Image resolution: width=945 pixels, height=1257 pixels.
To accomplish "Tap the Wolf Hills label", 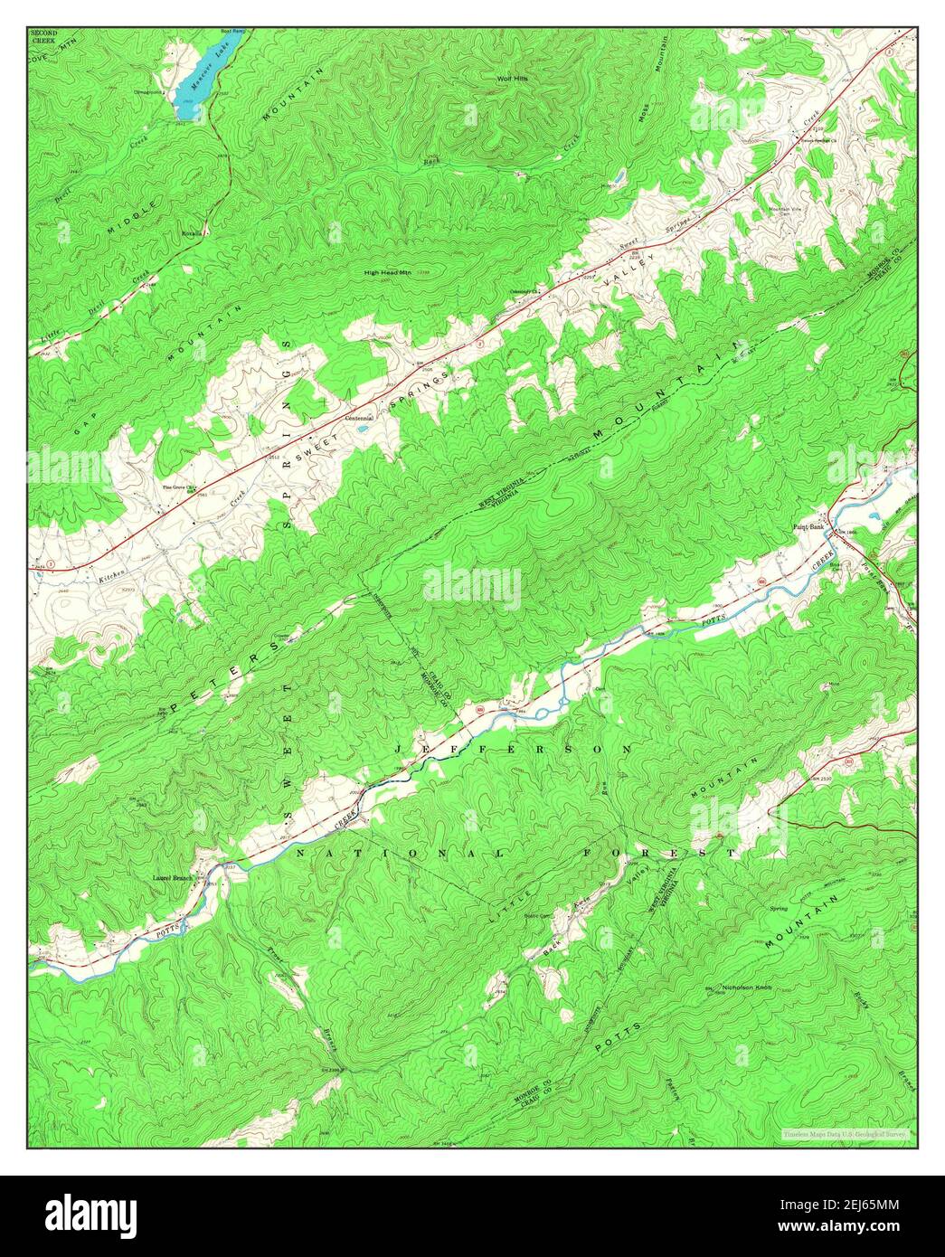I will tap(512, 79).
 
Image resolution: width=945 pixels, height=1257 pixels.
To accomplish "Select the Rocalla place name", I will tap(193, 232).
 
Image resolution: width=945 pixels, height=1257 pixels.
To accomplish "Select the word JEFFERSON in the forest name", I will tap(513, 750).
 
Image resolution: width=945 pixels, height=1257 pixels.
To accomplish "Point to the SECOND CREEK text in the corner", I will tap(43, 38).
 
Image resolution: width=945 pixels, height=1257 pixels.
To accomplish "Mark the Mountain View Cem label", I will tap(785, 212).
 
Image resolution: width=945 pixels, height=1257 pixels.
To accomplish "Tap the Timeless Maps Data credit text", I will tap(846, 1132).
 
